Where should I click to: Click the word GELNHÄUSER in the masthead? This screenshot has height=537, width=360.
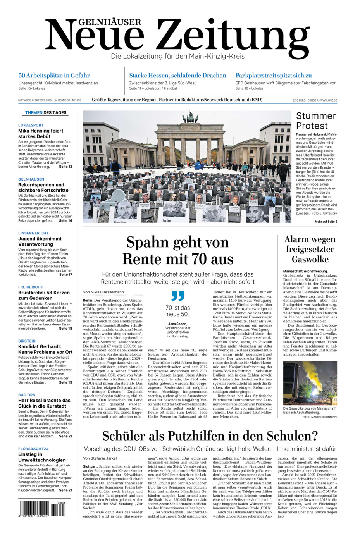(x=93, y=22)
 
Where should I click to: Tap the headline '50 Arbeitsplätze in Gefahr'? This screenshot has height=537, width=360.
(x=54, y=76)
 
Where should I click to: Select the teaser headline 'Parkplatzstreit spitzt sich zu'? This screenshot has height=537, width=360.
(x=274, y=76)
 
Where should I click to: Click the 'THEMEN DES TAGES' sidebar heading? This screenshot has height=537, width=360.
(x=46, y=113)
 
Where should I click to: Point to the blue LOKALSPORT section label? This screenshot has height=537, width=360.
(x=31, y=125)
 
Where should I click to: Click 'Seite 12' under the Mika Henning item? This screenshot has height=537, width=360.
(x=65, y=167)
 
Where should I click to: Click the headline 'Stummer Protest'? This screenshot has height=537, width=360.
(x=316, y=120)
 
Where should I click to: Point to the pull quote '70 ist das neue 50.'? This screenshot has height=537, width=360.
(x=178, y=311)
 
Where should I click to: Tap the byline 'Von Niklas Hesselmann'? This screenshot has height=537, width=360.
(x=103, y=292)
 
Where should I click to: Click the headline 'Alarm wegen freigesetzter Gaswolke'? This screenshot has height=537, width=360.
(x=310, y=249)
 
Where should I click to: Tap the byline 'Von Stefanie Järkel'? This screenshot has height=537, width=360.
(x=100, y=458)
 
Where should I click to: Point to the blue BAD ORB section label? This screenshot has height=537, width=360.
(x=27, y=395)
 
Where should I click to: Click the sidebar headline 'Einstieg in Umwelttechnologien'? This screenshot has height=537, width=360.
(x=42, y=457)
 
